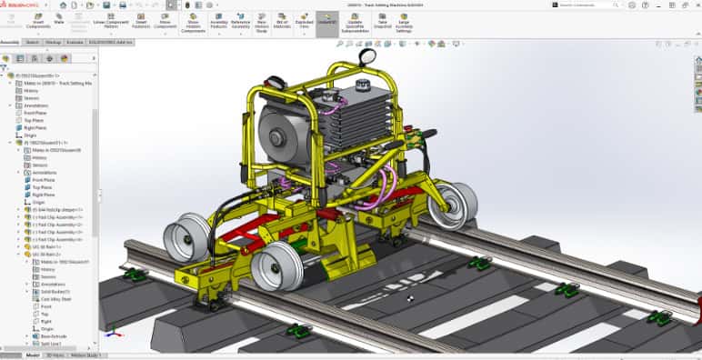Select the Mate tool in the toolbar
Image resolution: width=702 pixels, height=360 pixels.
(x=59, y=19)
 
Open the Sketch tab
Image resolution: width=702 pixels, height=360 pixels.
(x=32, y=42)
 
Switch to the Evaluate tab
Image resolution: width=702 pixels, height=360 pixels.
(x=75, y=42)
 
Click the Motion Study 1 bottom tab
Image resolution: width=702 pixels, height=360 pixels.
(x=85, y=355)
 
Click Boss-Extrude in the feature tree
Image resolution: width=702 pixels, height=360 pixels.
(x=55, y=335)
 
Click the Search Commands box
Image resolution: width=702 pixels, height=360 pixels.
(x=590, y=5)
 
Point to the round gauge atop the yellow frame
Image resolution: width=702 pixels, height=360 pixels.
(x=366, y=56)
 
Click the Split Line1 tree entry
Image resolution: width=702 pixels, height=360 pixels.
(x=53, y=344)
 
